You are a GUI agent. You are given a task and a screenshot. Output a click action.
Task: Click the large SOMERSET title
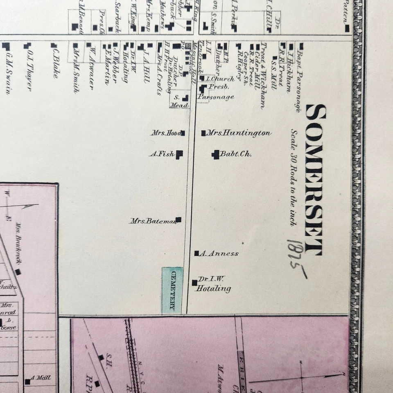pyautogui.click(x=316, y=179)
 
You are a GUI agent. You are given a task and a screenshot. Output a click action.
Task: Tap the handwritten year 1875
pyautogui.click(x=298, y=258)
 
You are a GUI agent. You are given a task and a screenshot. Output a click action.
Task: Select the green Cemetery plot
pyautogui.click(x=172, y=290)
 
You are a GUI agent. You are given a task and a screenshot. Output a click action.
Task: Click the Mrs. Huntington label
pyautogui.click(x=239, y=133)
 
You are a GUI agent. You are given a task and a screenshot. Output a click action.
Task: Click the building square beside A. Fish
pyautogui.click(x=179, y=154)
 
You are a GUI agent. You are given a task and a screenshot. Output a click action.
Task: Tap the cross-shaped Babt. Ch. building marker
pyautogui.click(x=215, y=154)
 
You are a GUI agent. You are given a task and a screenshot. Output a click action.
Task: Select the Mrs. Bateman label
pyautogui.click(x=153, y=221)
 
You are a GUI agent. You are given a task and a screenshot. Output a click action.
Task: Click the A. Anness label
pyautogui.click(x=219, y=253)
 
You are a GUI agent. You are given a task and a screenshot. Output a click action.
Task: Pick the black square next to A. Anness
pyautogui.click(x=196, y=253)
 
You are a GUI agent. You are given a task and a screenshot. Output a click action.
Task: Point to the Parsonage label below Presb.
pyautogui.click(x=216, y=97)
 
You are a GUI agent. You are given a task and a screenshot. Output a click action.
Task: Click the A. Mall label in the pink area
pyautogui.click(x=41, y=378)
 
